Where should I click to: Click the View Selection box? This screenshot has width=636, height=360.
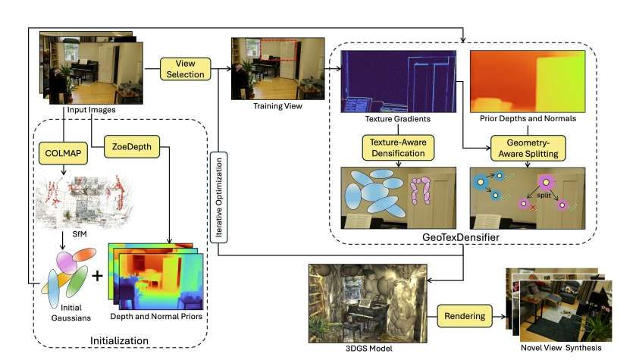pos(186,69)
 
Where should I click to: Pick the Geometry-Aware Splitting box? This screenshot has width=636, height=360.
pos(525,146)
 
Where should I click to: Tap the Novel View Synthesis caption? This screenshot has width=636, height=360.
pos(560,348)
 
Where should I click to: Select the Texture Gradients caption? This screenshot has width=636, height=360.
pos(397,118)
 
